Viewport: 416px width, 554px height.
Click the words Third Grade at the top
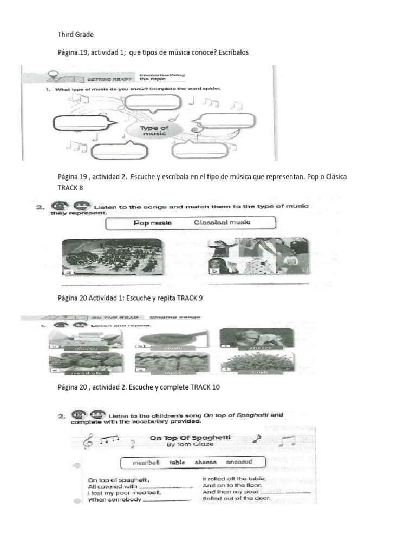[x=76, y=35]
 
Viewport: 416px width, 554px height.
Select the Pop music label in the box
[x=152, y=222]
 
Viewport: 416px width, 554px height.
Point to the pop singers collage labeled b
[x=258, y=256]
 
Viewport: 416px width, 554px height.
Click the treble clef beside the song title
[x=87, y=443]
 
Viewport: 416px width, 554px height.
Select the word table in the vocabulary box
[x=177, y=463]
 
